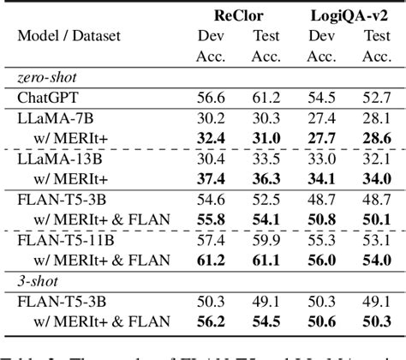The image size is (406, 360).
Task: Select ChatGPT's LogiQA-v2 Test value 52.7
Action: point(374,98)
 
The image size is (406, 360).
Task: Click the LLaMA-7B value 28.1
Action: point(374,119)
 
